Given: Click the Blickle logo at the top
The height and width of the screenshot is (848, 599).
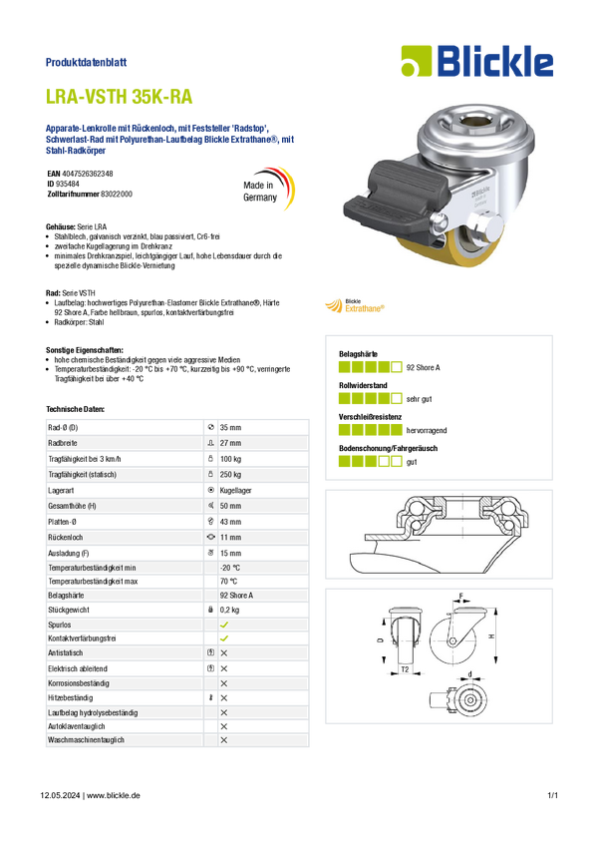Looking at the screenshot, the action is (x=477, y=61).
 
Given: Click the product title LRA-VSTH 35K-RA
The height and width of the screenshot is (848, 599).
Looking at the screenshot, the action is (x=119, y=96).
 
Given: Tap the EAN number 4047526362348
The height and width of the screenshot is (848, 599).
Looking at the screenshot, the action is (x=88, y=174).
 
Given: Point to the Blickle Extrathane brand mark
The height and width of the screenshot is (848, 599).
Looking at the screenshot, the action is (x=355, y=305).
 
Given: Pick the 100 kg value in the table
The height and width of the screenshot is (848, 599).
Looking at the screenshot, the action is (x=230, y=459).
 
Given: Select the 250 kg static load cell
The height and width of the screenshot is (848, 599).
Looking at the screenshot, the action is (x=230, y=474).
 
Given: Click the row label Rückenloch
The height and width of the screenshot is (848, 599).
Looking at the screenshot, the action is (x=66, y=538).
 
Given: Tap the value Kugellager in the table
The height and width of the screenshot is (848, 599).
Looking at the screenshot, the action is (x=235, y=491).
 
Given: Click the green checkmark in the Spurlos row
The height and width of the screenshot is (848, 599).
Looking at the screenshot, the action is (x=224, y=625).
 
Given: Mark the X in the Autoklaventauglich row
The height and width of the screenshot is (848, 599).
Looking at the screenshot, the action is (x=224, y=726).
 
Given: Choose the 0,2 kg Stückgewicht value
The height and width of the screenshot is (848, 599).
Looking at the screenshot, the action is (x=229, y=610).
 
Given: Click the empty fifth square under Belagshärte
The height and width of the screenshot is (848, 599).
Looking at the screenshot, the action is (x=397, y=367).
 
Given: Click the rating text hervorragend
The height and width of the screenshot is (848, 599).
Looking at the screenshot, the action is (x=427, y=431).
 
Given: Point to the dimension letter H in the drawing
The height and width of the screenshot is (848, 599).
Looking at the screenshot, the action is (x=491, y=636).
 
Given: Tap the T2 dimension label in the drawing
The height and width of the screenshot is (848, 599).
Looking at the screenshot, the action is (x=405, y=669).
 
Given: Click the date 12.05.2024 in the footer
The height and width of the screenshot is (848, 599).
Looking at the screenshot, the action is (x=60, y=795).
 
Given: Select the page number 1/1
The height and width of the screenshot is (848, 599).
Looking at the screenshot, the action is (x=552, y=795).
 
